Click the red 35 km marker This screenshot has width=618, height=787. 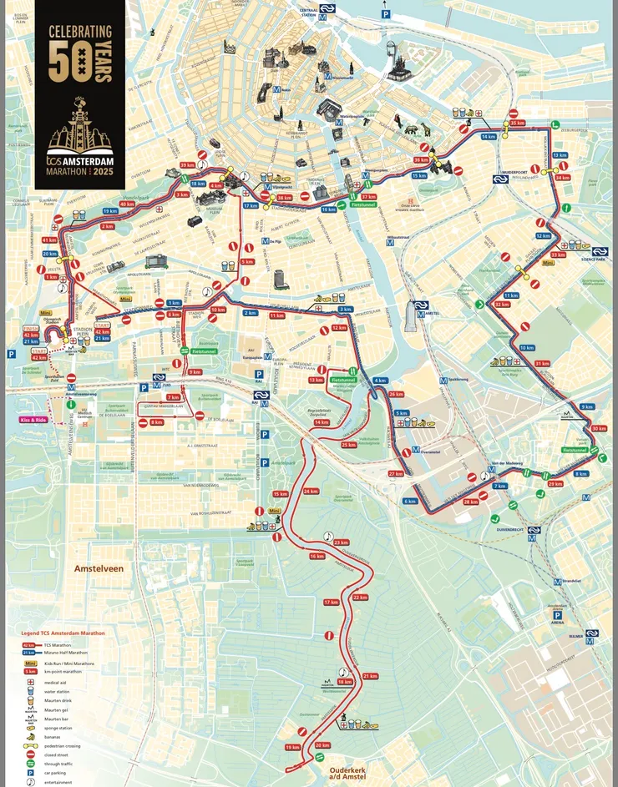[x=517, y=123]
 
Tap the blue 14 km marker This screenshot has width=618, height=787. [x=489, y=136]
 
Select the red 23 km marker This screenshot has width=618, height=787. [x=341, y=542]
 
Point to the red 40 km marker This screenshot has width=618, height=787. [x=128, y=204]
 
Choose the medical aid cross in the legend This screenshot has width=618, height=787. [x=29, y=682]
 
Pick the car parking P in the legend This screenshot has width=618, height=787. [x=29, y=773]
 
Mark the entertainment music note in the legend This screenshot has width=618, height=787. [x=29, y=782]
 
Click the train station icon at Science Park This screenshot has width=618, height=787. [x=599, y=251]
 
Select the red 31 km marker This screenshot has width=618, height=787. [x=542, y=363]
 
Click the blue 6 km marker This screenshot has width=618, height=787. [x=410, y=501]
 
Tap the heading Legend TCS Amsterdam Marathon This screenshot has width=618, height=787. [x=63, y=633]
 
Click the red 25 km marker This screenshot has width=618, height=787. [x=349, y=445]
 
